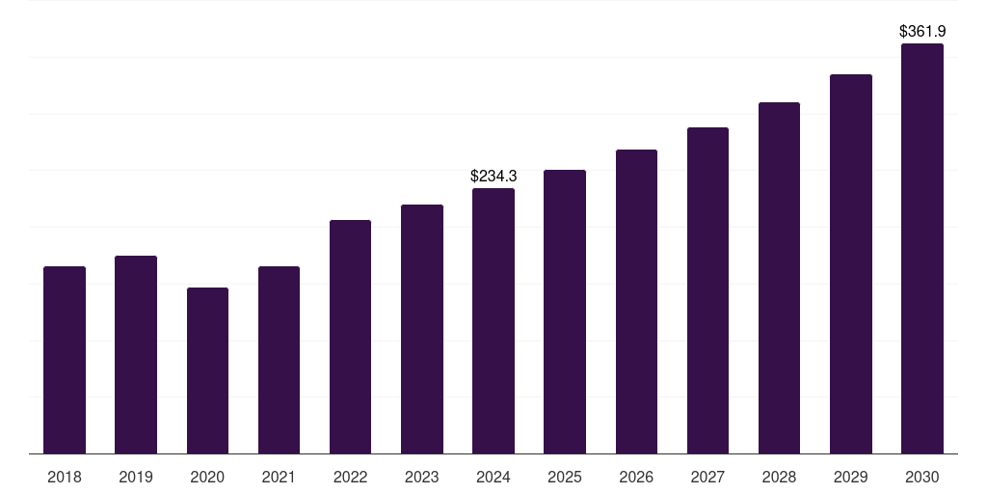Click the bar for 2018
click(65, 360)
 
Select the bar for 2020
click(207, 370)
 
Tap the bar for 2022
click(350, 337)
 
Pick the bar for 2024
click(493, 320)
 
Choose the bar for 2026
click(636, 301)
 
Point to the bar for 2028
click(779, 278)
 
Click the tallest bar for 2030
click(922, 248)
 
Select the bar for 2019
click(136, 354)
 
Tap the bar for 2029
click(851, 263)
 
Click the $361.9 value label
click(922, 32)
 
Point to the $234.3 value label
click(493, 177)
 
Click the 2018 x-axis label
click(65, 477)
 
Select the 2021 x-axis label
click(279, 477)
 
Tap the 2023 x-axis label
click(422, 477)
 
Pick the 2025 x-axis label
click(565, 477)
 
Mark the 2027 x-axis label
click(707, 477)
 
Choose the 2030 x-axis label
click(922, 477)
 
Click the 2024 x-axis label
click(493, 477)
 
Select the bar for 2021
click(279, 360)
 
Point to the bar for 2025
click(565, 312)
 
